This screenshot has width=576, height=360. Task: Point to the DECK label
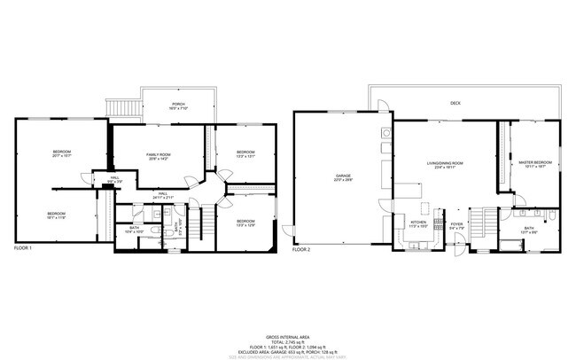click(455, 104)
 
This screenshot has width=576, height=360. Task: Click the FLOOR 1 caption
click(23, 249)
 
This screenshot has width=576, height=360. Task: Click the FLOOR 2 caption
click(301, 249)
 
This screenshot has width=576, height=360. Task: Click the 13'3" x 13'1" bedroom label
click(245, 154)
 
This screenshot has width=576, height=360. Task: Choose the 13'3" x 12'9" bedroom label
click(245, 223)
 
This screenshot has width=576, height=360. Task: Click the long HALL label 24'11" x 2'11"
click(163, 194)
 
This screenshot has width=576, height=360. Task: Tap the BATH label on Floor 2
click(528, 230)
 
